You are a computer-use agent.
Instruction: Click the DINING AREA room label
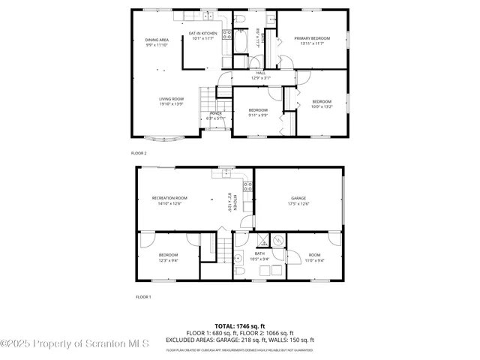[157, 40]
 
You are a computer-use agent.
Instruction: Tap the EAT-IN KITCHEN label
[202, 34]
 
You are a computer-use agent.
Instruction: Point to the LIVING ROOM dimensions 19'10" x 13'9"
[171, 104]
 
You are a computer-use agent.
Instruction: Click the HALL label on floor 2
[261, 73]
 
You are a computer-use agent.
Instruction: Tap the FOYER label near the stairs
[215, 113]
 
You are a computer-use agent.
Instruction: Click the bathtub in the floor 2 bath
[241, 42]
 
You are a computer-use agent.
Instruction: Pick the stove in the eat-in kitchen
[226, 34]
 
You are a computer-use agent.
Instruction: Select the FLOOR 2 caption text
[139, 153]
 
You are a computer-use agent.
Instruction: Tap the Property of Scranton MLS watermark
[75, 343]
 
